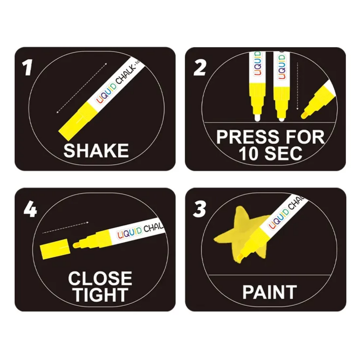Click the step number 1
point(27,68)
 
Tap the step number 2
point(200,68)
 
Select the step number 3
point(199,210)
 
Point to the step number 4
point(30,210)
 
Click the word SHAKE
point(96,151)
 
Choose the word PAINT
point(270,292)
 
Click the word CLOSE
point(100,278)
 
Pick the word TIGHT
point(100,295)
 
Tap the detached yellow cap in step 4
point(54,249)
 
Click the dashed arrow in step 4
point(66,227)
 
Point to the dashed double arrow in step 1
point(82,88)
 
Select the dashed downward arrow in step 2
point(297,86)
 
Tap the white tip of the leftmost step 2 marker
point(257,118)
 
